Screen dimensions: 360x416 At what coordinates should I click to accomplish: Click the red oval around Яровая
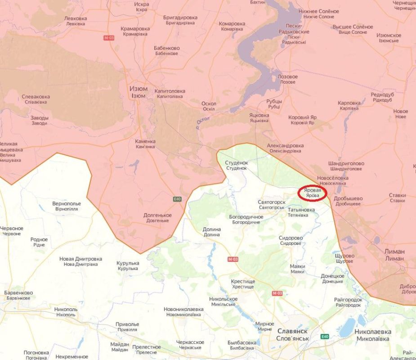[313, 193]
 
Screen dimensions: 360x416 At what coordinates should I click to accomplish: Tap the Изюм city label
[138, 92]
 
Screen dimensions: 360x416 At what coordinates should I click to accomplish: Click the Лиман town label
[394, 255]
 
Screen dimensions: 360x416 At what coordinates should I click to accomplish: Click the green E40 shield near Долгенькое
[177, 198]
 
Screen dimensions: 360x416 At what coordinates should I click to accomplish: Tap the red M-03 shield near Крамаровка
[109, 38]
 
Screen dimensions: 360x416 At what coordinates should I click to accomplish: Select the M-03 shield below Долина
[233, 259]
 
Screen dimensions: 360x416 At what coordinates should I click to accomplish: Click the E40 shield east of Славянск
[325, 336]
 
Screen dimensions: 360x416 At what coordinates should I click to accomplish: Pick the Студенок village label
[237, 165]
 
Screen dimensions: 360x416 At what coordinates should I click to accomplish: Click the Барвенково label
[18, 295]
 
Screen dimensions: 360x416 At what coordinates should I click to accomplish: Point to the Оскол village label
[209, 106]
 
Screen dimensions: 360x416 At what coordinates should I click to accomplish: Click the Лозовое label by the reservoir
[287, 79]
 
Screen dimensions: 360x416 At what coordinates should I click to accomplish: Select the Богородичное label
[246, 220]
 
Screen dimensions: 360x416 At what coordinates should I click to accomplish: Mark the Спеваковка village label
[36, 99]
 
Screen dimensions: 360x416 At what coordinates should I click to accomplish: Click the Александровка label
[285, 148]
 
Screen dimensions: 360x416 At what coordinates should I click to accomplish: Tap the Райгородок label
[348, 302]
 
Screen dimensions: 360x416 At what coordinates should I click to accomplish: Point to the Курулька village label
[128, 265]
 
